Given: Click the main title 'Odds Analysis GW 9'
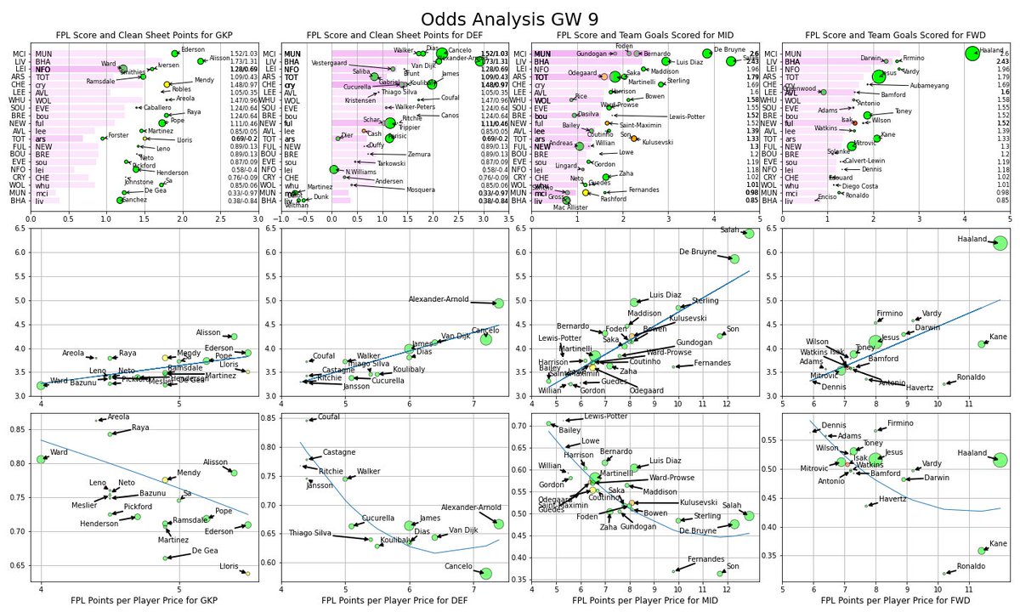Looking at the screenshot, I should pos(509,19).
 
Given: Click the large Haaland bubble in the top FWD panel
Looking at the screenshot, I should pos(972,53).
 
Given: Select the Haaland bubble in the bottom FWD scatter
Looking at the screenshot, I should pos(1000,460).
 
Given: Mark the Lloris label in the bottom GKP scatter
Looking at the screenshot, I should pos(228,565).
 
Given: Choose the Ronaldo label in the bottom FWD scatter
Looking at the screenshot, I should pos(971,566).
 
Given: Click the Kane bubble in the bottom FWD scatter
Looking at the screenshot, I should pos(981,550).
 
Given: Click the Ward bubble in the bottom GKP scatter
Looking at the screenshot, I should pos(42,459).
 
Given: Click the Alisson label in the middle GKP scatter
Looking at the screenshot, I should pos(208,332).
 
